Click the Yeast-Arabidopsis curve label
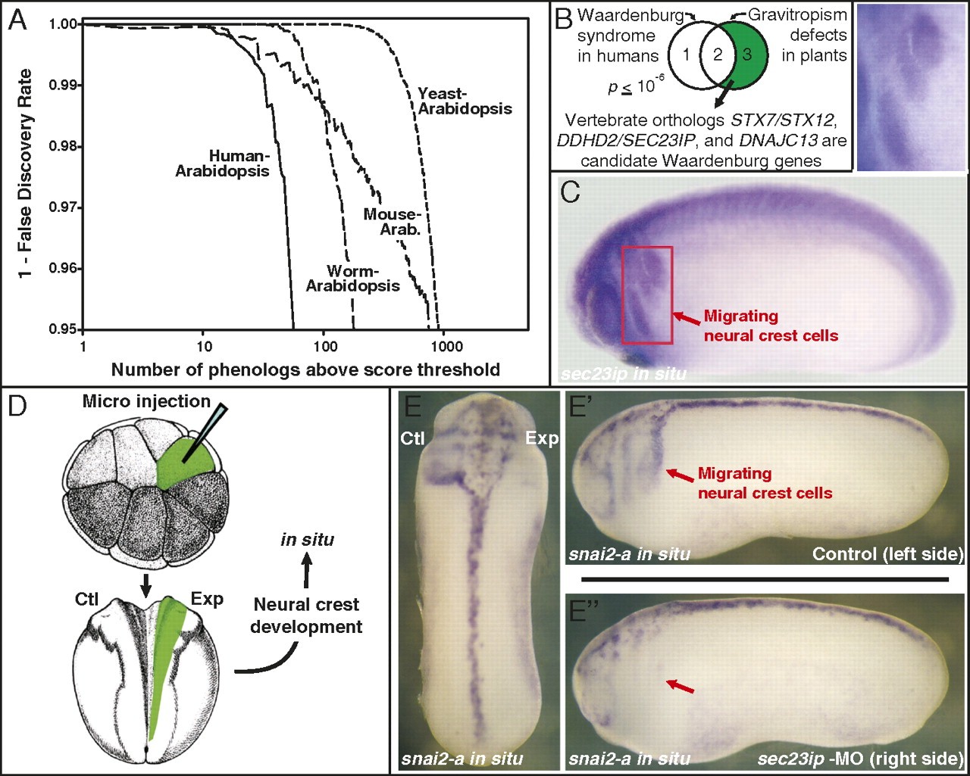(x=464, y=101)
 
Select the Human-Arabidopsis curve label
(x=222, y=164)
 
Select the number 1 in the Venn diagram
(x=685, y=55)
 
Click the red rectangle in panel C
(x=646, y=295)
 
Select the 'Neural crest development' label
(x=306, y=616)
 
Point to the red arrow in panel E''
(x=678, y=686)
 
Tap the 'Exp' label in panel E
(x=542, y=439)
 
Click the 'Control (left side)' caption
(x=887, y=553)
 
